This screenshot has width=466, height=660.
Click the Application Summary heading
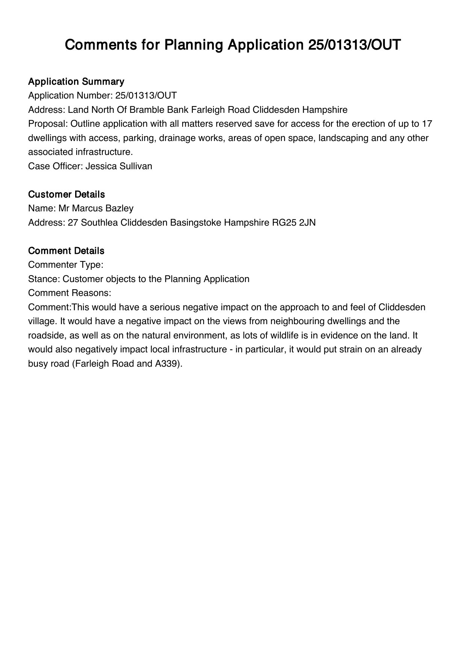[x=76, y=82]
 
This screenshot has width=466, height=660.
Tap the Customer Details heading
[x=67, y=194]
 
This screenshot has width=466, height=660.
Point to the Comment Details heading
[x=67, y=251]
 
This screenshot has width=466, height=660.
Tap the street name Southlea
[x=100, y=223]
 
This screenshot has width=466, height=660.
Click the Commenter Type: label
[x=66, y=265]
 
